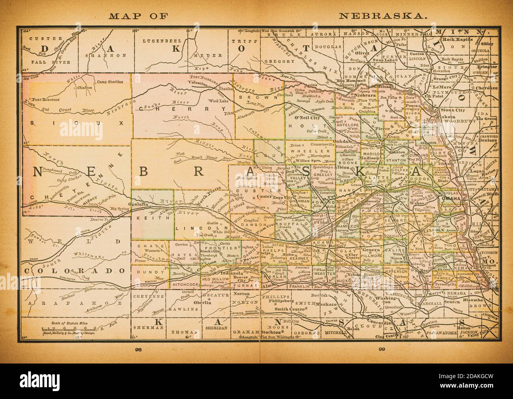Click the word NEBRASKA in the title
[x=382, y=16]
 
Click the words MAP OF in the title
[x=139, y=16]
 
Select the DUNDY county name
[x=144, y=271]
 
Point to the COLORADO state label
[x=75, y=271]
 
